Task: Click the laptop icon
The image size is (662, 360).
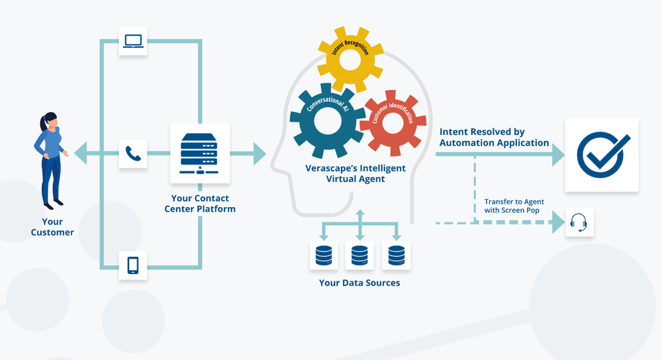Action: [x=133, y=41]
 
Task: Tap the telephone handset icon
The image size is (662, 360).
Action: [x=133, y=155]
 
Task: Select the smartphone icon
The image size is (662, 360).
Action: [x=133, y=265]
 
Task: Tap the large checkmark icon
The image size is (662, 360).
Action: [x=601, y=155]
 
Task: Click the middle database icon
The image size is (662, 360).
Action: [x=359, y=255]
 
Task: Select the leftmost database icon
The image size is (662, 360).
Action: [x=323, y=255]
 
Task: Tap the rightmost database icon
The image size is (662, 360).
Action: [x=396, y=255]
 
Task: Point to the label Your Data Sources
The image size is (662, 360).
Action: [x=359, y=283]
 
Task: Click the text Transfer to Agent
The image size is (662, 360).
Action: [x=513, y=202]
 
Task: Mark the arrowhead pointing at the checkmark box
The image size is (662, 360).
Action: [x=557, y=155]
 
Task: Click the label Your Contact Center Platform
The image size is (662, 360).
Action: [x=200, y=203]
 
